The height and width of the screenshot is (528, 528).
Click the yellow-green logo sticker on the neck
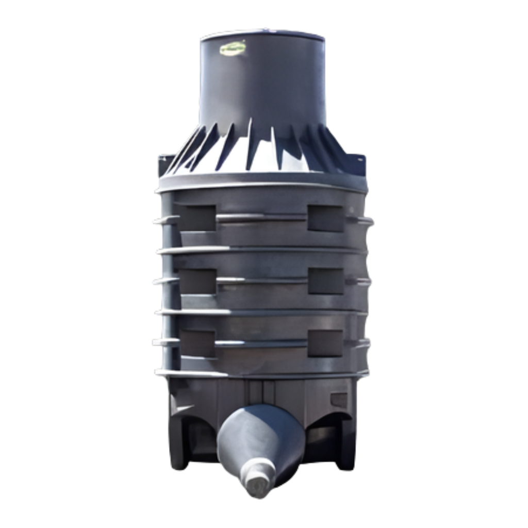pos(233,49)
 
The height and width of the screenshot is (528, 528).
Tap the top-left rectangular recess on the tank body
pos(197,218)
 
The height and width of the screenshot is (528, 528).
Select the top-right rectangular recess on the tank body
pos(326,218)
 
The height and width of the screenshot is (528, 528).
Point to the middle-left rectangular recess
pos(197,281)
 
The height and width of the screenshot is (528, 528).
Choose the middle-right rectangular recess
pos(326,281)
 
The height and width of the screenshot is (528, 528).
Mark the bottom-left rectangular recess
pos(197,343)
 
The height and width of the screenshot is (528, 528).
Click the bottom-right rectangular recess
pos(325,343)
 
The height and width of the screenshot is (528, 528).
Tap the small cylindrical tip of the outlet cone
pos(257,484)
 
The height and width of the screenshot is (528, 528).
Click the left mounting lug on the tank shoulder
pos(166,164)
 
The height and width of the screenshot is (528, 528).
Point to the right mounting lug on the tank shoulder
pos(358,164)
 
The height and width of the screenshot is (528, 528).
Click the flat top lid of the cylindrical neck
pos(262,35)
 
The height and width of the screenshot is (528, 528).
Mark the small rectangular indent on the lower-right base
pos(339,400)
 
